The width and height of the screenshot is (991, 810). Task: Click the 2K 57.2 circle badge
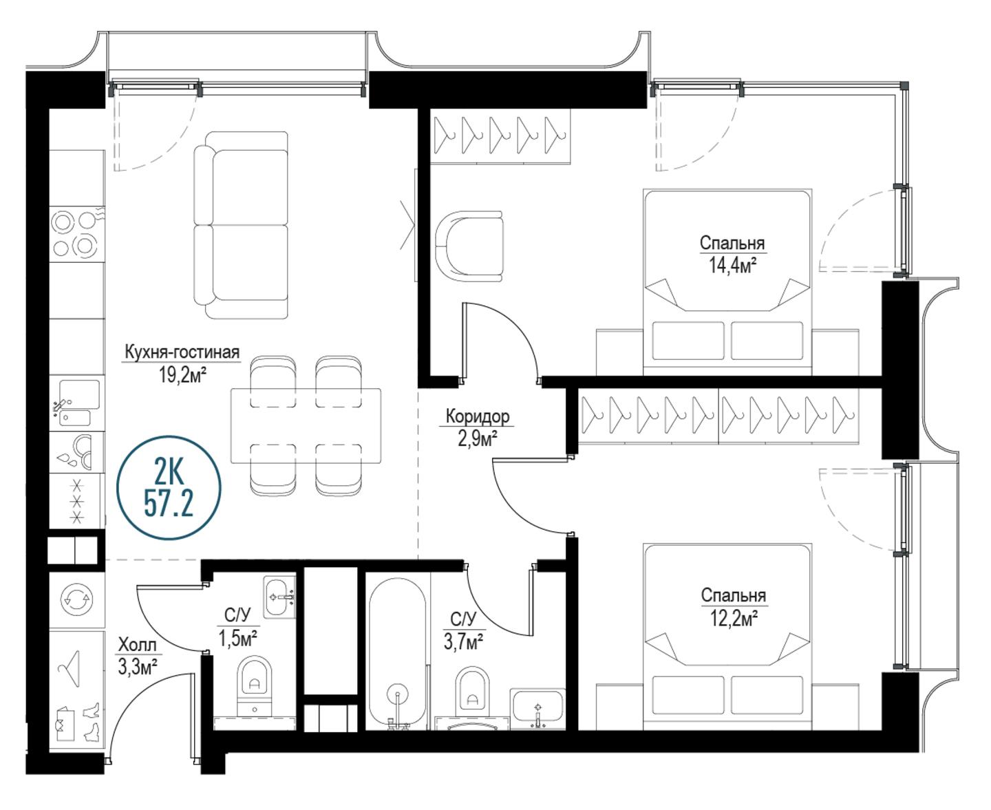(x=169, y=487)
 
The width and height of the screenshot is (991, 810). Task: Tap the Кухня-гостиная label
(x=182, y=352)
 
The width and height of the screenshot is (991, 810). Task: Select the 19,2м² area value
(x=183, y=375)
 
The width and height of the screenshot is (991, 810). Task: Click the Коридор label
(x=478, y=416)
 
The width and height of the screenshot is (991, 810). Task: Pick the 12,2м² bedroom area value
(x=734, y=619)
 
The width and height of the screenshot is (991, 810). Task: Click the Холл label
(x=137, y=645)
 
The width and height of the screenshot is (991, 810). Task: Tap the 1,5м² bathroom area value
(x=237, y=638)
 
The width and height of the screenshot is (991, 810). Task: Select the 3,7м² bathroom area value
(x=464, y=642)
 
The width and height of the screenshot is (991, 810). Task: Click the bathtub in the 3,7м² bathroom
(x=398, y=654)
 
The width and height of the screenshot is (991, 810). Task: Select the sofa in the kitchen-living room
(x=241, y=225)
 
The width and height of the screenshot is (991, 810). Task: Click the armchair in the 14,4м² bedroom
(x=469, y=246)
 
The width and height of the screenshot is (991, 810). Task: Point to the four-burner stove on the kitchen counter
(x=76, y=233)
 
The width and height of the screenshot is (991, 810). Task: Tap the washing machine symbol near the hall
(x=76, y=599)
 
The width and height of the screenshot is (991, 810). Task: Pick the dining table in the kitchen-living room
(x=306, y=426)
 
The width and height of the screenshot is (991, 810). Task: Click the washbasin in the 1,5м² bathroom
(x=279, y=597)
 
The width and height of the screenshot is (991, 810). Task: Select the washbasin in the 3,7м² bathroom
(x=537, y=709)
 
